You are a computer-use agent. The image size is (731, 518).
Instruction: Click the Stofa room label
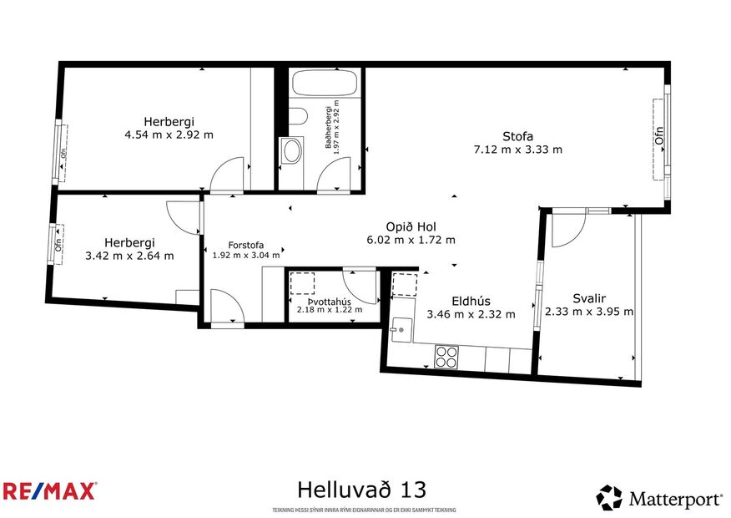[517, 136]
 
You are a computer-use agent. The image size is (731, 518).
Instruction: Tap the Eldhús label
[471, 301]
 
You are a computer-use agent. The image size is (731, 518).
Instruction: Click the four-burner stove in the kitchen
[446, 357]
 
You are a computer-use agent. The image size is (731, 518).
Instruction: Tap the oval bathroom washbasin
[292, 150]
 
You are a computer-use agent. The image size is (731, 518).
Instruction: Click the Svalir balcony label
[588, 298]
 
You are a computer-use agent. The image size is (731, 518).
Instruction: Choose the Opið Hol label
[411, 226]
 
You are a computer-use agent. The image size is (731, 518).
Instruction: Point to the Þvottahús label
[330, 301]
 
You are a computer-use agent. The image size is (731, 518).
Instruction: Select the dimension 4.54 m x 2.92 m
[169, 134]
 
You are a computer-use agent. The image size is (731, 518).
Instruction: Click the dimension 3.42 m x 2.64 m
[129, 256]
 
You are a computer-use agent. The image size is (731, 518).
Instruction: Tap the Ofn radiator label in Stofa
[659, 136]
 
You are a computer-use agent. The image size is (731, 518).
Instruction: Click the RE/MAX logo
[49, 490]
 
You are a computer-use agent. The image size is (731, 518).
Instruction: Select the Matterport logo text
[675, 500]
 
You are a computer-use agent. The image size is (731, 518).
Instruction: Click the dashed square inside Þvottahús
[301, 284]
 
